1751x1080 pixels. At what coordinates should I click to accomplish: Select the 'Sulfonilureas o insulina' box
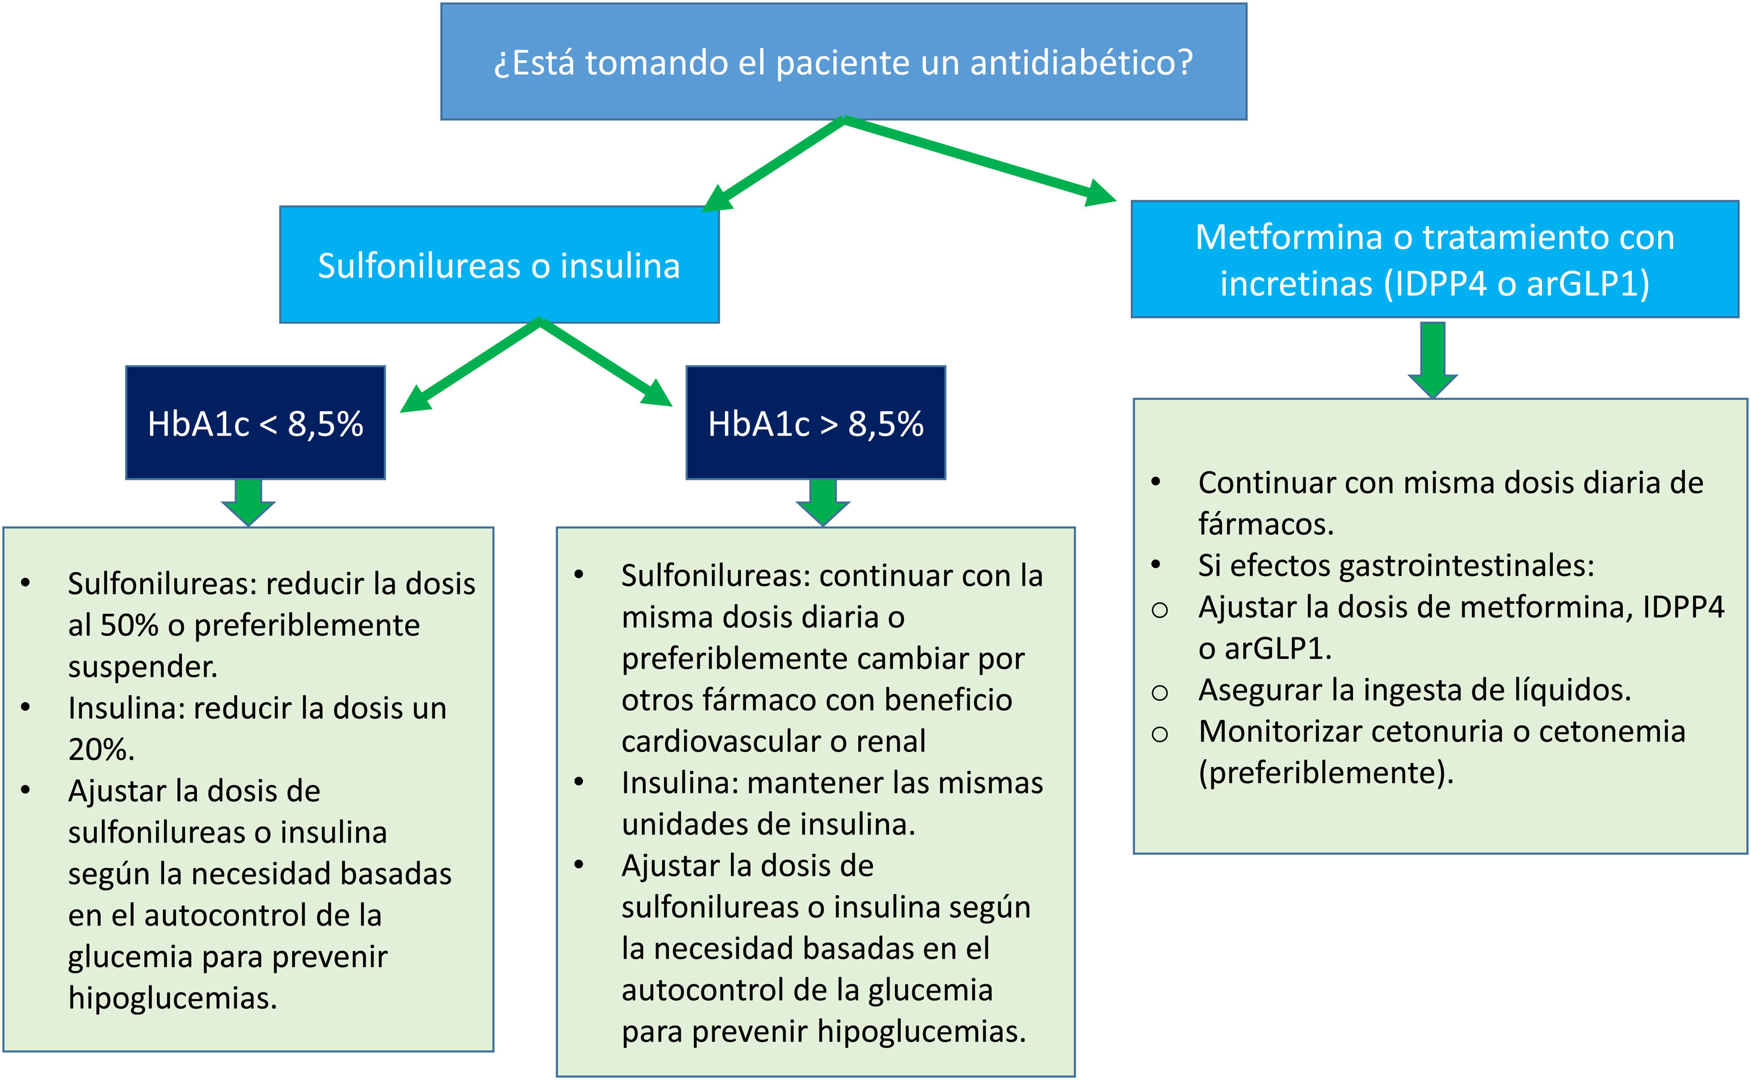click(x=499, y=265)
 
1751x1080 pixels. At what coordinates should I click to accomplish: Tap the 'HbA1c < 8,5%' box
click(x=255, y=423)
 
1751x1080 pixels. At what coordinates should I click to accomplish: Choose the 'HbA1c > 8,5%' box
click(x=815, y=423)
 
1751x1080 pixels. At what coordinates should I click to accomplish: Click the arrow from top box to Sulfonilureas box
click(x=775, y=165)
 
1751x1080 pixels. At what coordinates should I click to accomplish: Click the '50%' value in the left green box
click(x=129, y=626)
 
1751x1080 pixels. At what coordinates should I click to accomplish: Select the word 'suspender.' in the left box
click(x=142, y=667)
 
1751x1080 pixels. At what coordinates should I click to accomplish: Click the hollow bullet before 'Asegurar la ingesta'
click(x=1160, y=692)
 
